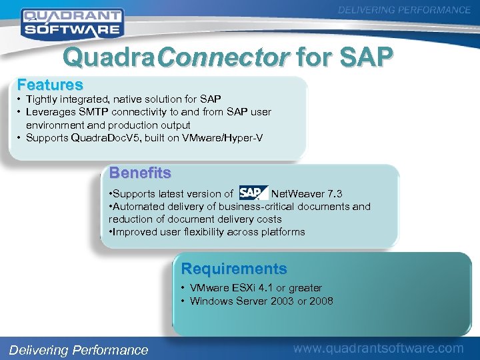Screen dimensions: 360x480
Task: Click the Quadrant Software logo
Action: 71,22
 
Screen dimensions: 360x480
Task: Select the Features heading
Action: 50,85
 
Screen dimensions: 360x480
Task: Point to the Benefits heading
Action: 140,173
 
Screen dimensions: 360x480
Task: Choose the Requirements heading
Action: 234,269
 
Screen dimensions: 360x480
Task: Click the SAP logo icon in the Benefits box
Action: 251,193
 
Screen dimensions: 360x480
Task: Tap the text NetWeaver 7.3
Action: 307,194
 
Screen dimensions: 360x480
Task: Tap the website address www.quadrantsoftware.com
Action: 379,348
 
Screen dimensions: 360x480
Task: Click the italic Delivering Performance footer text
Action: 78,350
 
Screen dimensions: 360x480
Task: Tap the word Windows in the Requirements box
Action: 209,301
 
